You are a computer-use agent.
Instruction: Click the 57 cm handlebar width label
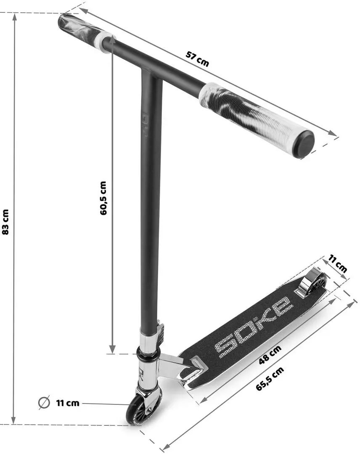197,59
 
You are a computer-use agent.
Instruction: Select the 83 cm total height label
5,222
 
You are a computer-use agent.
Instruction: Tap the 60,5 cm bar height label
103,198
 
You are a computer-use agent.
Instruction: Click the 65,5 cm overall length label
270,379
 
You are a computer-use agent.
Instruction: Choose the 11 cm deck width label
338,264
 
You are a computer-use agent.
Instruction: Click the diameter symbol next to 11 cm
43,403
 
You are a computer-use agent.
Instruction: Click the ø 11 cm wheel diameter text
67,403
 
